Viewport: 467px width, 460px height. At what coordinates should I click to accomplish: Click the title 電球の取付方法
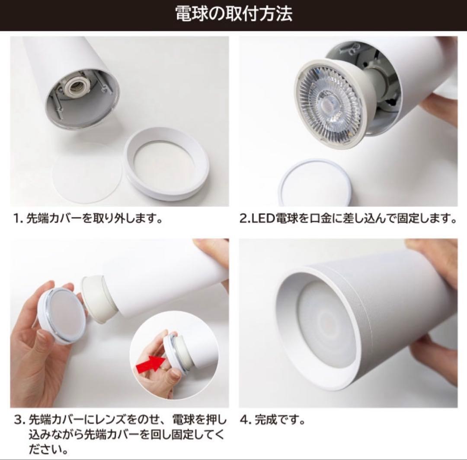click(233, 14)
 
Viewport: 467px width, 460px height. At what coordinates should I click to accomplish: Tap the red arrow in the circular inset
click(151, 363)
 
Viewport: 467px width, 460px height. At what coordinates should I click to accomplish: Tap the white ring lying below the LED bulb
click(314, 182)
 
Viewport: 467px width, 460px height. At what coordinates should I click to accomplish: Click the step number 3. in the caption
click(19, 420)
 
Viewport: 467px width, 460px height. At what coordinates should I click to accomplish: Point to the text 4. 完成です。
click(272, 420)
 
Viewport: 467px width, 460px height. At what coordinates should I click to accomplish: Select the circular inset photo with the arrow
click(174, 355)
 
